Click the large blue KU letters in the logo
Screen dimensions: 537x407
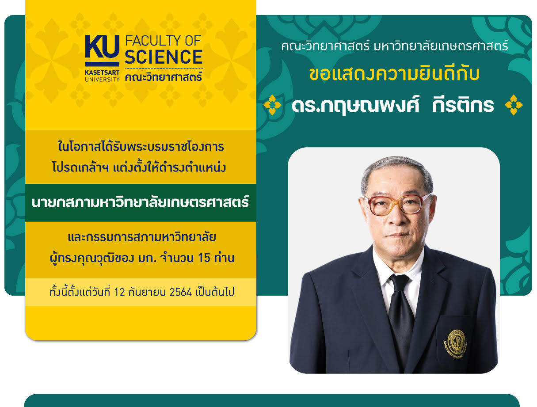point(102,47)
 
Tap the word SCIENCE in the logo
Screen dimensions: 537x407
point(164,57)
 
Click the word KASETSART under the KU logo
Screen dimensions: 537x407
point(102,72)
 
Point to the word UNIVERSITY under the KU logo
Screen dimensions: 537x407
point(102,80)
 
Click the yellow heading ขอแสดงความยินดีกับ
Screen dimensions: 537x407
point(394,74)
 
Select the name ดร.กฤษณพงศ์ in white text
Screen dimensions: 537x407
point(355,106)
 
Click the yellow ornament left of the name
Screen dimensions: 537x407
point(272,105)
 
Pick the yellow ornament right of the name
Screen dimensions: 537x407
point(514,105)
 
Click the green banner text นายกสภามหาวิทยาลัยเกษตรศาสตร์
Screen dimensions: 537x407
point(140,202)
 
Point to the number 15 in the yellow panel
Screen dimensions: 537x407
point(204,258)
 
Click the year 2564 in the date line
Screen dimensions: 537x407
point(181,292)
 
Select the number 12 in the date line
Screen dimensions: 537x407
point(119,292)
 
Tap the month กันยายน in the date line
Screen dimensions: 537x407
point(147,292)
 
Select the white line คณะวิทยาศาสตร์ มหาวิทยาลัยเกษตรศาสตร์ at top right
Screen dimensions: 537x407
point(394,46)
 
